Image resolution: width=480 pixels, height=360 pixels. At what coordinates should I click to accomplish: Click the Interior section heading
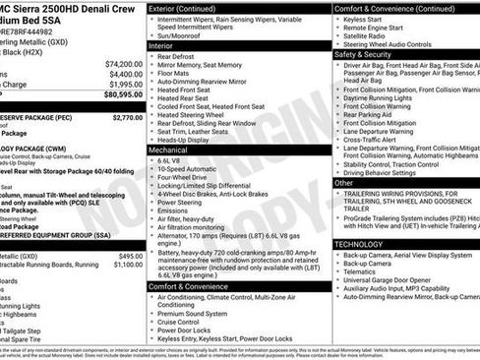coord(160,46)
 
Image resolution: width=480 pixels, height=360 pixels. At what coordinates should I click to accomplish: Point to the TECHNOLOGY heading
coord(358,243)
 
